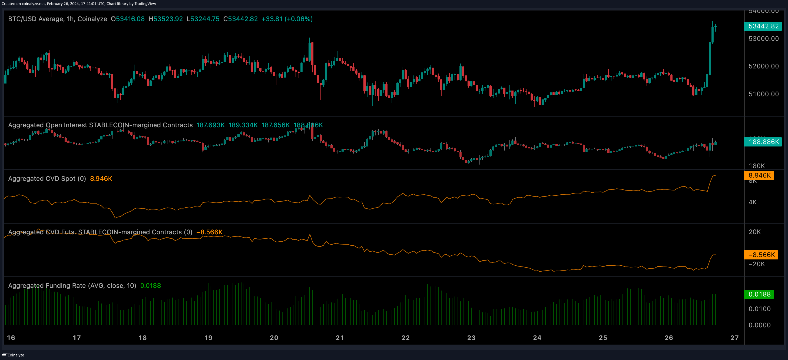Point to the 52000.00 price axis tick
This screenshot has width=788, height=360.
(763, 66)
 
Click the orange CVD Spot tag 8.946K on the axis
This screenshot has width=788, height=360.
(759, 175)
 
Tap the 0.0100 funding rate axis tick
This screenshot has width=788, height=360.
(759, 309)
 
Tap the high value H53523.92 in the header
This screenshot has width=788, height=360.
(165, 19)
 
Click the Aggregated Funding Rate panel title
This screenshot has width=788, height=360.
(72, 286)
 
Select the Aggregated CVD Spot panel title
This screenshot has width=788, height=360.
(47, 179)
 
